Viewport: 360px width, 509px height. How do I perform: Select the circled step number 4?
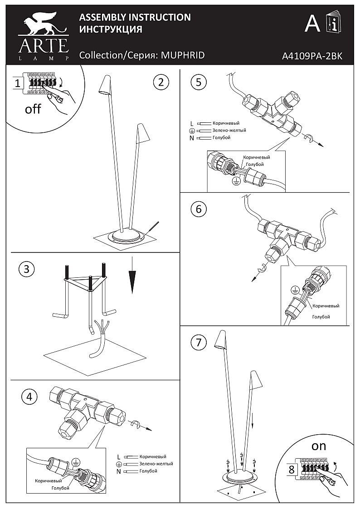[x=29, y=396]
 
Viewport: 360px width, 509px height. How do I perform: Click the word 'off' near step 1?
[x=33, y=109]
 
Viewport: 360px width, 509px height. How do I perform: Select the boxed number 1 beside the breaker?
[x=17, y=83]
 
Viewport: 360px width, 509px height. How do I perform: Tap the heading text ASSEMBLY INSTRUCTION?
[x=135, y=17]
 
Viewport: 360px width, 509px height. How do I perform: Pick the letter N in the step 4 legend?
[x=118, y=471]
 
